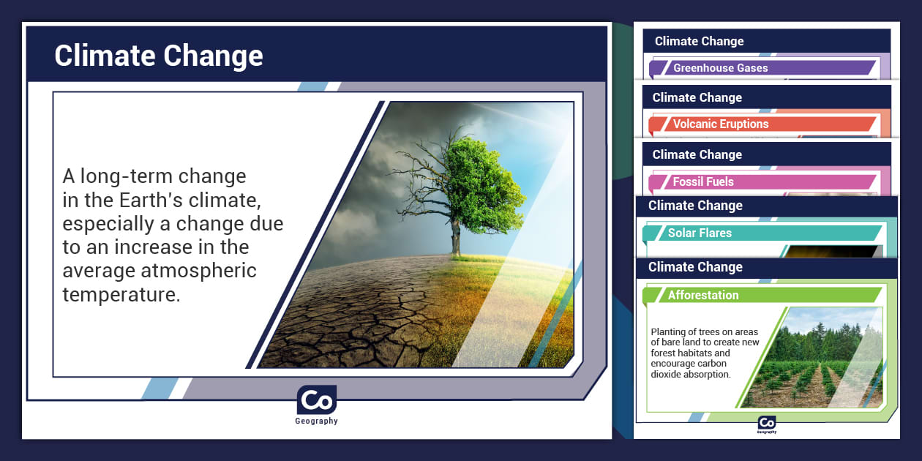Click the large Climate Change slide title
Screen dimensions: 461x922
click(159, 56)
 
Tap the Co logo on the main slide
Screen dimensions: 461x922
click(316, 401)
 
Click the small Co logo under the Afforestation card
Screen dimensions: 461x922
click(766, 423)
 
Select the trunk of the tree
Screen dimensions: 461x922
click(456, 236)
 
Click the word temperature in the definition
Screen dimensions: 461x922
click(121, 295)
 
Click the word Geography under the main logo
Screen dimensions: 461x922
click(316, 421)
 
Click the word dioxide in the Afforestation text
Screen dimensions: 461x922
click(668, 374)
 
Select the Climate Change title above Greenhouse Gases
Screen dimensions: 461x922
click(699, 41)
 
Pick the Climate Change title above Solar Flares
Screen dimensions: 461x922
click(695, 206)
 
